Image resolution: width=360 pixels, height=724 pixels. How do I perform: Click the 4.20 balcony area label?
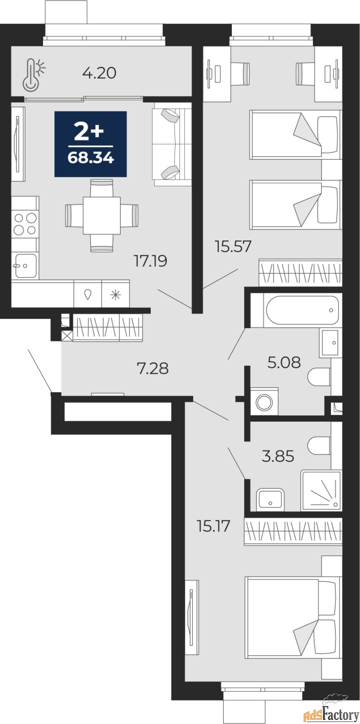[x=99, y=73]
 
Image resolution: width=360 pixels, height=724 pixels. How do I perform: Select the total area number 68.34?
[x=91, y=158]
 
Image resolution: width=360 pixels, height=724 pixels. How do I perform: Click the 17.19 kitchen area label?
[x=151, y=261]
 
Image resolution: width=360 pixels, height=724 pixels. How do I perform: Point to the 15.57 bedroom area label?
[x=233, y=246]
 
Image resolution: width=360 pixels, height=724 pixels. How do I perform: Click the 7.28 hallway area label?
[x=153, y=369]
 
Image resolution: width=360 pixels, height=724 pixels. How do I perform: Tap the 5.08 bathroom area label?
[x=284, y=363]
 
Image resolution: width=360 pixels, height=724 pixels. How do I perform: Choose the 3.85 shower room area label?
[x=278, y=456]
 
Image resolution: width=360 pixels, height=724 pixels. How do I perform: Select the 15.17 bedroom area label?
[x=213, y=526]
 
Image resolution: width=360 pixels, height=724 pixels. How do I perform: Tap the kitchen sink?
[x=25, y=265]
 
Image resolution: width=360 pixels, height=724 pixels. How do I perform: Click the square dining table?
[x=102, y=216]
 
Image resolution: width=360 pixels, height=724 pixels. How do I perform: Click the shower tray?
[x=321, y=491]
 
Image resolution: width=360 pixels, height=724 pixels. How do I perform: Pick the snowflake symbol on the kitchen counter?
[x=115, y=295]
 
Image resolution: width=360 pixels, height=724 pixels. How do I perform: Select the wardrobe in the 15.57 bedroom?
[x=300, y=273]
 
